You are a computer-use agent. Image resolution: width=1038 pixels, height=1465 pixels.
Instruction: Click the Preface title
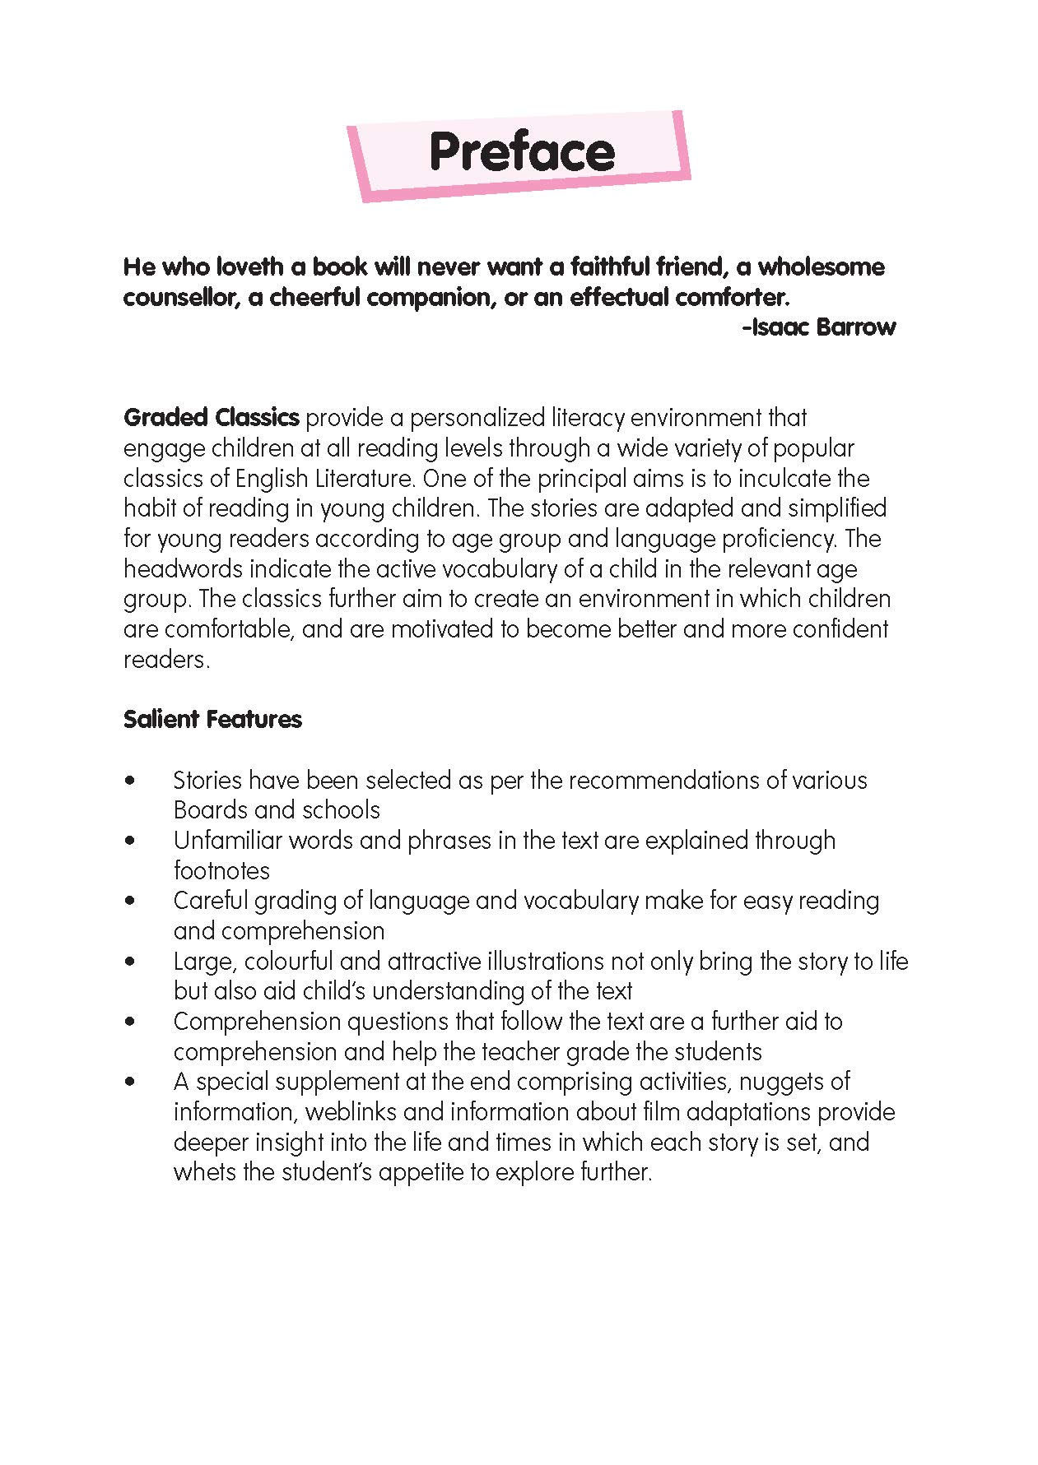pyautogui.click(x=521, y=152)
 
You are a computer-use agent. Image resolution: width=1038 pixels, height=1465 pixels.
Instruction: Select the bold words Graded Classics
pyautogui.click(x=211, y=418)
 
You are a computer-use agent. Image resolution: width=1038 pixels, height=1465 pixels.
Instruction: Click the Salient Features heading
pyautogui.click(x=212, y=720)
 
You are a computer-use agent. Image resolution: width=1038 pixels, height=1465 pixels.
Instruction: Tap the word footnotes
pyautogui.click(x=221, y=870)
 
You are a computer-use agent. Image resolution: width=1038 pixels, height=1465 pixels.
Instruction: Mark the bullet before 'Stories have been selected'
pyautogui.click(x=129, y=780)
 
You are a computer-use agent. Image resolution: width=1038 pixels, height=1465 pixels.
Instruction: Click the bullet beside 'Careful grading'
pyautogui.click(x=129, y=901)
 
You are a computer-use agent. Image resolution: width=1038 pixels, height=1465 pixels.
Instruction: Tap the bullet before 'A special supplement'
pyautogui.click(x=129, y=1082)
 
